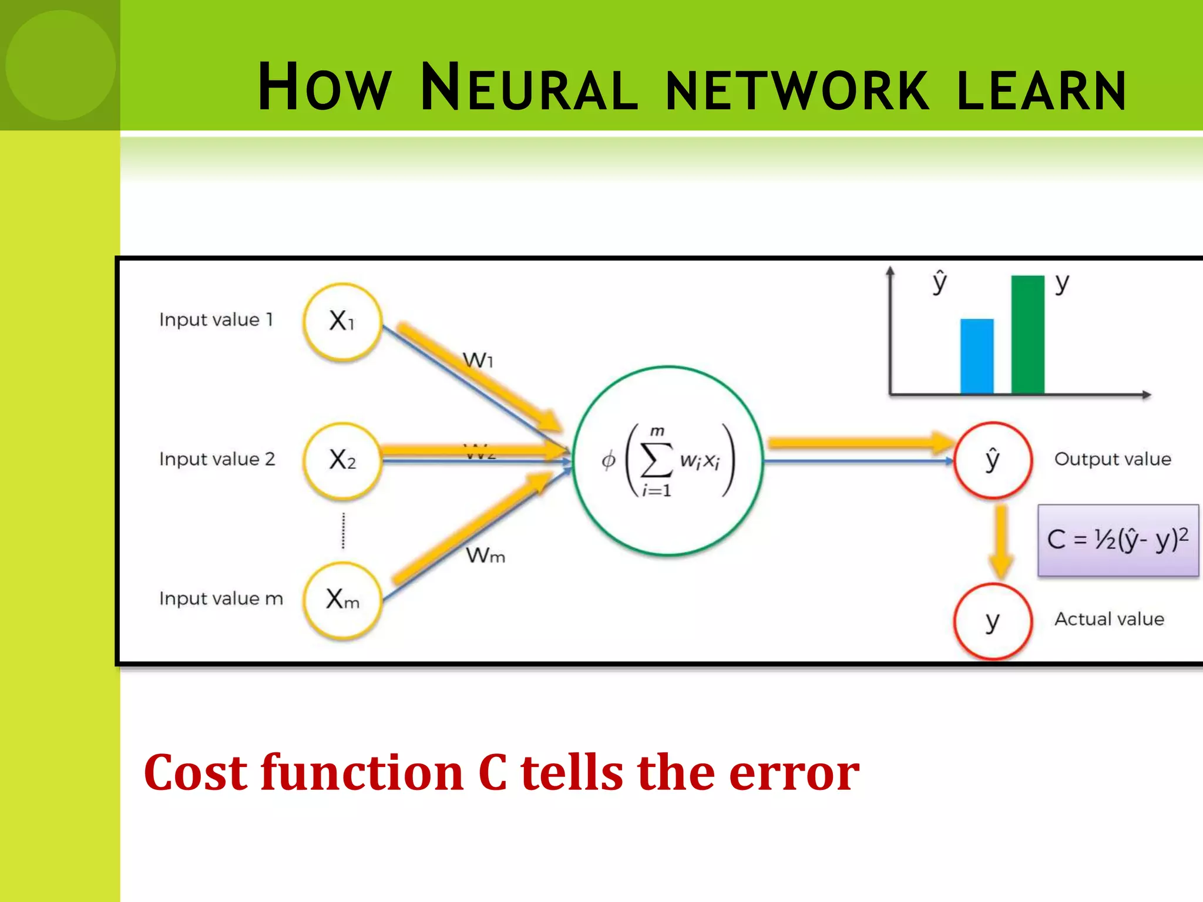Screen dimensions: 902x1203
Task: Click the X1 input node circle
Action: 342,321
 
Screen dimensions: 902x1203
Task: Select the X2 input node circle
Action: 342,460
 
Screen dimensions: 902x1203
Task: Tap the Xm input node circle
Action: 342,600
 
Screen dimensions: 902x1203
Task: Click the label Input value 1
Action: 216,320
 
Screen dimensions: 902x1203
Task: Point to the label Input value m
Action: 221,598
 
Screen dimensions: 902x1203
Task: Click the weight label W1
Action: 478,360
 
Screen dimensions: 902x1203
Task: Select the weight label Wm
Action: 485,555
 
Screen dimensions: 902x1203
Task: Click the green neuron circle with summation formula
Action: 667,460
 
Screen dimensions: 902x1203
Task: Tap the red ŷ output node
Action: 992,460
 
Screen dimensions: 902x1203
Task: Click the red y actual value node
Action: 992,621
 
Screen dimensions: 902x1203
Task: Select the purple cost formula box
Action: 1118,540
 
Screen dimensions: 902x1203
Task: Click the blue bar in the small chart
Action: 977,356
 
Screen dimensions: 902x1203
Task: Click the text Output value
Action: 1113,459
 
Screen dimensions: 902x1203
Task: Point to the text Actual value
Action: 1109,619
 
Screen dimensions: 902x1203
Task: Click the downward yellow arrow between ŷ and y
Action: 1001,540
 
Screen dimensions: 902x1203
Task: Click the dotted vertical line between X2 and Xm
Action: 344,530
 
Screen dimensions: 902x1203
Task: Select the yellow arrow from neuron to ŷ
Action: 858,442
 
